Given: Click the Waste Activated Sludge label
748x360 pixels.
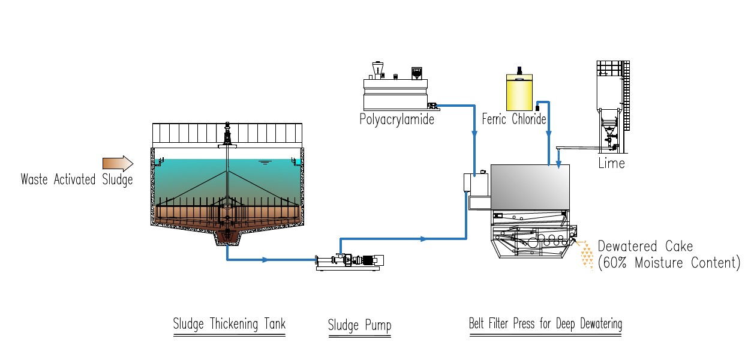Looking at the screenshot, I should tap(76, 179).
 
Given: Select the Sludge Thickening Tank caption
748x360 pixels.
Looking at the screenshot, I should tap(229, 325).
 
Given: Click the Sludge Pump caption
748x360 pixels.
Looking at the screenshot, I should tap(359, 326).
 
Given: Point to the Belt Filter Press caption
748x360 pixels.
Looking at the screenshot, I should tap(545, 324).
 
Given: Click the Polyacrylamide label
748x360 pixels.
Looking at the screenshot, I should tap(396, 119).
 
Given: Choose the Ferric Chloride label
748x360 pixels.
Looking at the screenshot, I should tap(514, 119).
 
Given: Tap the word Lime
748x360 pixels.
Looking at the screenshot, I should tap(611, 163).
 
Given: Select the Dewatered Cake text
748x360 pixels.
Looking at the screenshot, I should tap(645, 247).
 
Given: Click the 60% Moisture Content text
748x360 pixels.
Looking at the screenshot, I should tap(669, 263).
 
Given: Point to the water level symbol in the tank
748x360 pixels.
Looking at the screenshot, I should tap(263, 162).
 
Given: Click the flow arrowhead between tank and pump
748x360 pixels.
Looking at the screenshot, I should tap(266, 260).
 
